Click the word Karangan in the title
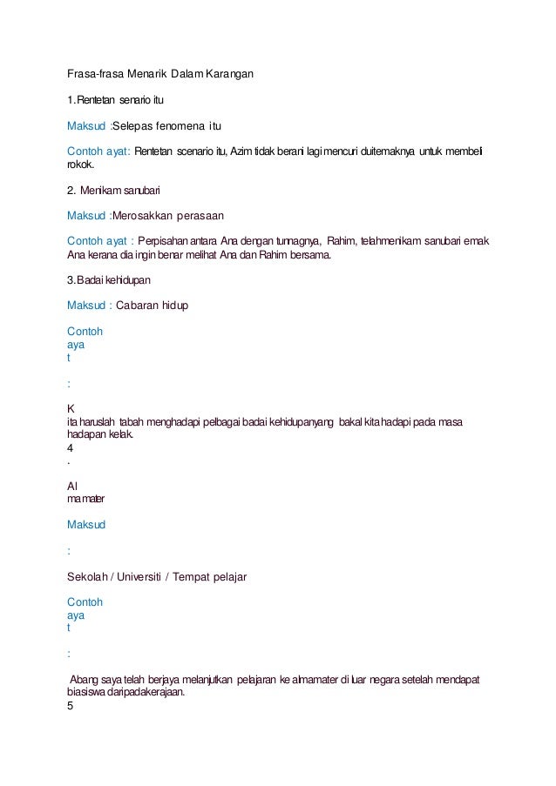[x=230, y=75]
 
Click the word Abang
[x=86, y=678]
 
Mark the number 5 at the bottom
[x=70, y=706]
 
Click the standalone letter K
[x=71, y=407]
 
